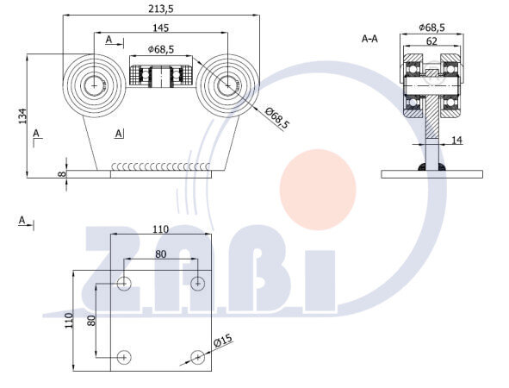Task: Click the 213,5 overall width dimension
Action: [x=161, y=9]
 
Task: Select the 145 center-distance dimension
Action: [x=161, y=28]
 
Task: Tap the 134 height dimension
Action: [x=22, y=116]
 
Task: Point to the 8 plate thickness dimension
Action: [x=62, y=174]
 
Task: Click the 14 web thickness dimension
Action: [x=456, y=140]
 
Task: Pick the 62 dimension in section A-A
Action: [x=431, y=41]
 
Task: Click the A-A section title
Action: [x=369, y=39]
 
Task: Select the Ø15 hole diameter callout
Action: [x=223, y=341]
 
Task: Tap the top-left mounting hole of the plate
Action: [x=124, y=284]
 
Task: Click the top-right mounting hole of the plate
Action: [x=198, y=284]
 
